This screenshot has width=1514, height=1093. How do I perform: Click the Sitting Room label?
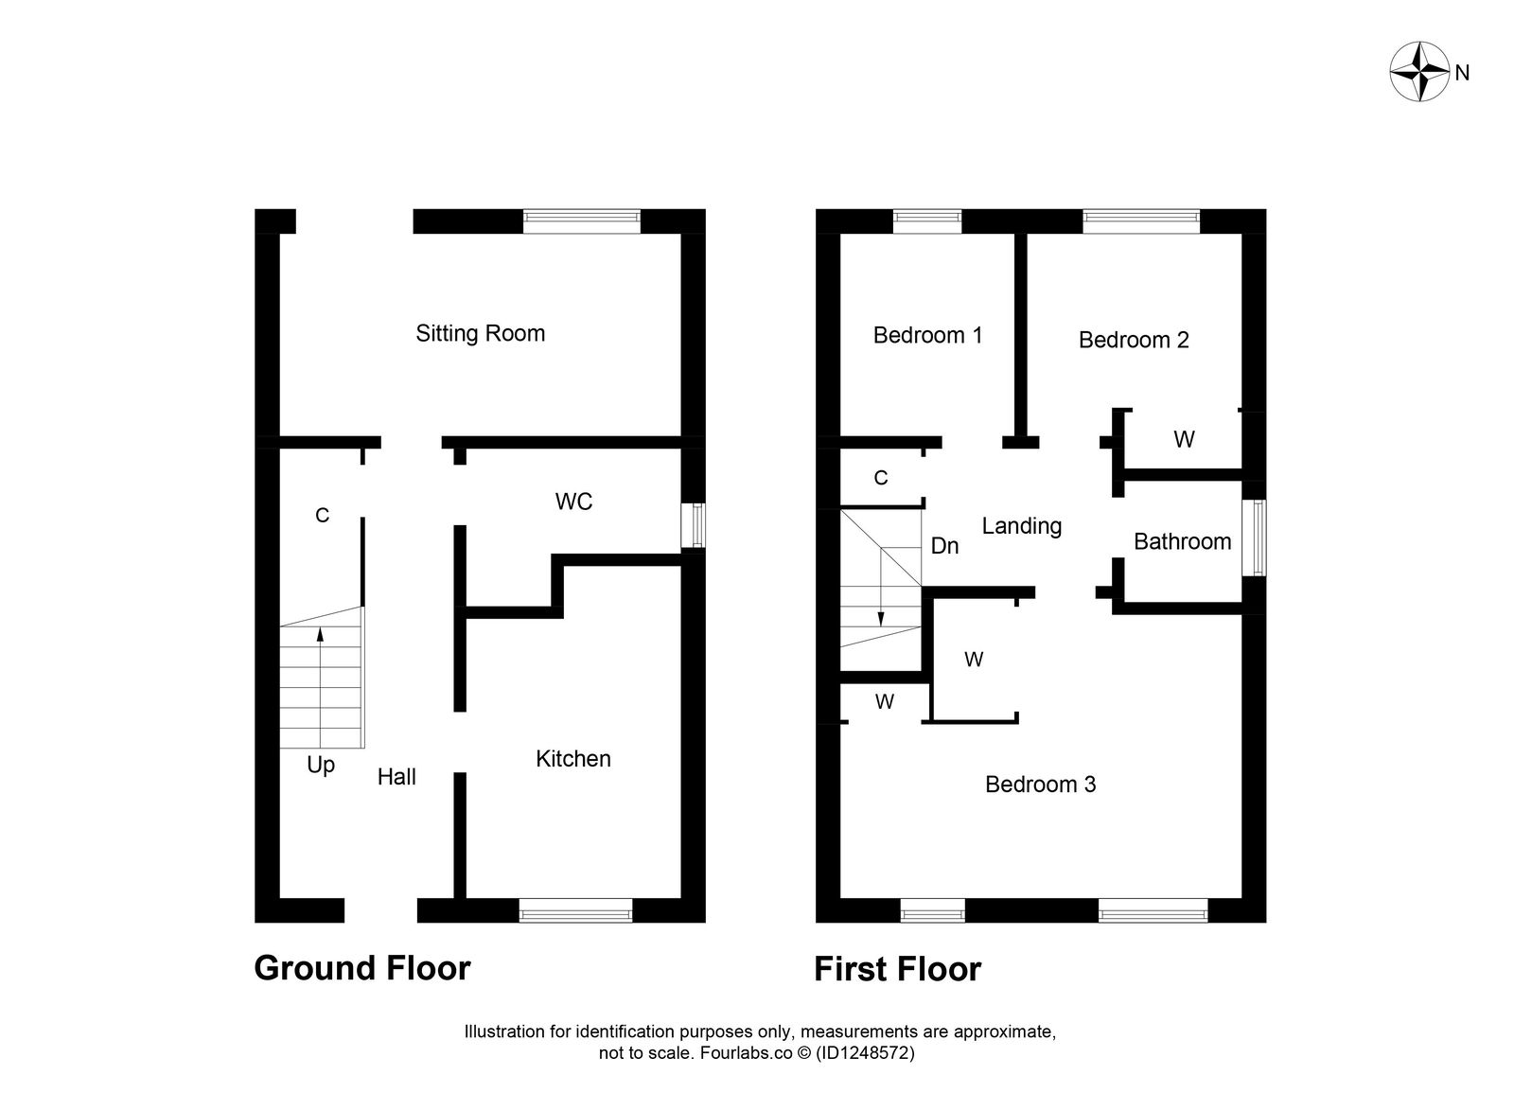tap(480, 333)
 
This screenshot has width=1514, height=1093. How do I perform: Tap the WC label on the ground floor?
tap(573, 502)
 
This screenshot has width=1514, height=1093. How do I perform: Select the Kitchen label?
tap(572, 759)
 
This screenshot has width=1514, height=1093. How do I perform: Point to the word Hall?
tap(396, 777)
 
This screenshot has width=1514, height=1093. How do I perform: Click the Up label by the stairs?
tap(321, 765)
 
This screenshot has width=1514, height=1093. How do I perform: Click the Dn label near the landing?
tap(944, 546)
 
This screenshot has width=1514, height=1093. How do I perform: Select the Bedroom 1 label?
tap(927, 335)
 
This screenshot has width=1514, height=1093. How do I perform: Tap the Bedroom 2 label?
tap(1133, 340)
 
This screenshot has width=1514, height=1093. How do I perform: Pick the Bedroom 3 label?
tap(1040, 784)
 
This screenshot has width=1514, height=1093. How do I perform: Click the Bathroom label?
tap(1182, 541)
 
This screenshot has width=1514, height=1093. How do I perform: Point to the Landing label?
tap(1021, 526)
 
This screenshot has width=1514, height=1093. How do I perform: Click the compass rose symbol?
tap(1419, 72)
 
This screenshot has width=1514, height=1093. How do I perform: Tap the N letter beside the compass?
tap(1462, 73)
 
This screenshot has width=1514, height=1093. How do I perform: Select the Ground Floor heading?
tap(361, 968)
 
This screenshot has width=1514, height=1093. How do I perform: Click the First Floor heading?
tap(897, 969)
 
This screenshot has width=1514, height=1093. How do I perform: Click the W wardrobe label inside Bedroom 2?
tap(1183, 439)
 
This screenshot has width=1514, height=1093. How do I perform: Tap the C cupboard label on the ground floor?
tap(322, 516)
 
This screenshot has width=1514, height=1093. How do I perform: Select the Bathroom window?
tap(1256, 538)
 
